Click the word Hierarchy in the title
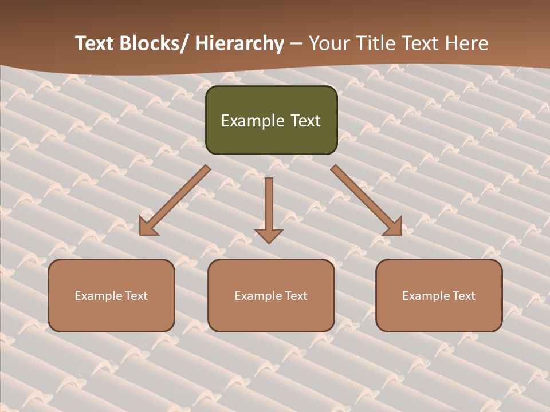coord(239,44)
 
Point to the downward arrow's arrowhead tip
coord(269,243)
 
